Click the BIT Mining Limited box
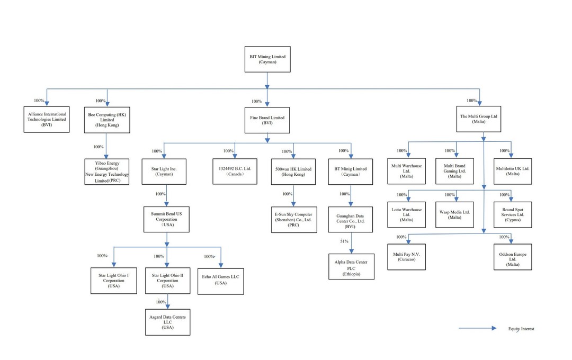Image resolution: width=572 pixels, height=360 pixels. pyautogui.click(x=267, y=58)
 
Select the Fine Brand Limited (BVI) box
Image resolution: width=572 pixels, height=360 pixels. pyautogui.click(x=267, y=120)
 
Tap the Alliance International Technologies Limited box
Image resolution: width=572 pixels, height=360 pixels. pyautogui.click(x=47, y=119)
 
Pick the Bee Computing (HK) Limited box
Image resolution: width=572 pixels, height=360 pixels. pyautogui.click(x=107, y=119)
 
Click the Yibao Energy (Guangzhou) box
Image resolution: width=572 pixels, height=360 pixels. pyautogui.click(x=107, y=172)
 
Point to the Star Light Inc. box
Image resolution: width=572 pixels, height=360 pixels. pyautogui.click(x=164, y=170)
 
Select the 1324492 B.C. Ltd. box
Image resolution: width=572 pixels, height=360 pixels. pyautogui.click(x=235, y=171)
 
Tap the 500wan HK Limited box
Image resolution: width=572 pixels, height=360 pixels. pyautogui.click(x=294, y=171)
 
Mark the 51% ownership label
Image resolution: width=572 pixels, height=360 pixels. pyautogui.click(x=344, y=241)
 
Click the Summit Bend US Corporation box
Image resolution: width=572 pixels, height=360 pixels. pyautogui.click(x=166, y=219)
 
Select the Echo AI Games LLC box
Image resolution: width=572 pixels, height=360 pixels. pyautogui.click(x=221, y=280)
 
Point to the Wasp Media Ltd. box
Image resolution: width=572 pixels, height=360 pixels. pyautogui.click(x=454, y=215)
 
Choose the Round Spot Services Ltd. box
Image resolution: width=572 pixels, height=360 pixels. pyautogui.click(x=513, y=215)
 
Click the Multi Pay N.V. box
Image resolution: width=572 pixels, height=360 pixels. pyautogui.click(x=406, y=257)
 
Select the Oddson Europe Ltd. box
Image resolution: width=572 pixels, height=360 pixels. pyautogui.click(x=512, y=256)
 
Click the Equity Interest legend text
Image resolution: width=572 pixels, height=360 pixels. pyautogui.click(x=521, y=329)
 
